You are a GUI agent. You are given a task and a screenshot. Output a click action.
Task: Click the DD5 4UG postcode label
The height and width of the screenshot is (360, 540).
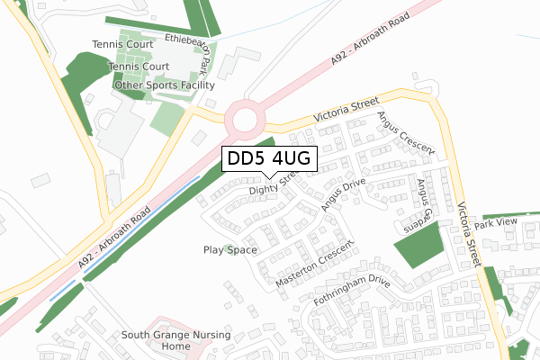pos(269,158)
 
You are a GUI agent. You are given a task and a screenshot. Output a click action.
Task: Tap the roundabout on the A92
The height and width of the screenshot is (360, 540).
pos(244,117)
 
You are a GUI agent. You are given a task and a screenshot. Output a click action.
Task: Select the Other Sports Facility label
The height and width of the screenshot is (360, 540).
pos(164,85)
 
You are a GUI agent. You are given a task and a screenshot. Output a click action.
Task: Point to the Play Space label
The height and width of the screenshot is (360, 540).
pos(230,250)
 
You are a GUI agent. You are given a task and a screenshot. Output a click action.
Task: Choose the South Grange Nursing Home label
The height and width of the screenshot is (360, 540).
pos(176,340)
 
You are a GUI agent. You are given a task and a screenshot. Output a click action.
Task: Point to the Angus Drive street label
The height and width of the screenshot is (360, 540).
pos(340,193)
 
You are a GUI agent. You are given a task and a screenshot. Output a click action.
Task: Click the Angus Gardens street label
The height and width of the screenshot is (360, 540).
pos(420,204)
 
